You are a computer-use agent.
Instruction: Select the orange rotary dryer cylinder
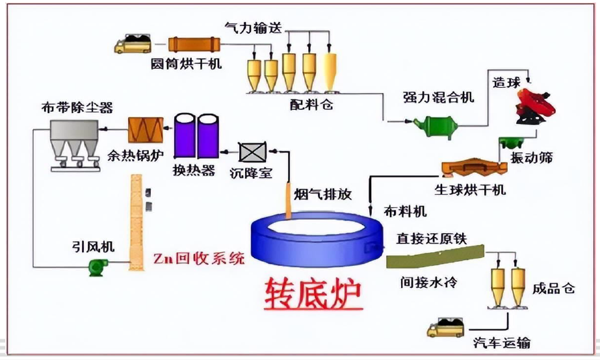click(x=195, y=44)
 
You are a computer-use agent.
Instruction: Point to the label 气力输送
click(x=254, y=27)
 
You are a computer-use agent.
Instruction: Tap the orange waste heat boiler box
click(x=146, y=129)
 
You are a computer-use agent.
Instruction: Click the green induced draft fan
click(x=99, y=266)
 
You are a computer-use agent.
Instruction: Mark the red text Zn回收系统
click(x=199, y=258)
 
